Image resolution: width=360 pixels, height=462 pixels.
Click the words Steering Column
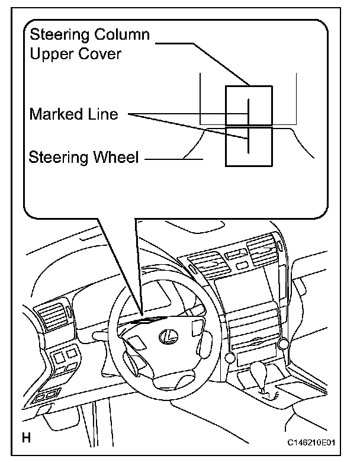pyautogui.click(x=89, y=35)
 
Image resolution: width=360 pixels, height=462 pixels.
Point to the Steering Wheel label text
pyautogui.click(x=83, y=158)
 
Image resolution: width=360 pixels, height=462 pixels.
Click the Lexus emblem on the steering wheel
pyautogui.click(x=168, y=335)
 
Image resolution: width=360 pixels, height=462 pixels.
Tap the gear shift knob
pyautogui.click(x=261, y=371)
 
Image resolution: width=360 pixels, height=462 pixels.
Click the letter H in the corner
pyautogui.click(x=26, y=439)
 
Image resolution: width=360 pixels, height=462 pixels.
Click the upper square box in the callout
pyautogui.click(x=249, y=105)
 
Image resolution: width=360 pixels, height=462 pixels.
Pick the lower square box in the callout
pyautogui.click(x=249, y=146)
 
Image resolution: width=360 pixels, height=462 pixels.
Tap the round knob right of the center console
pyautogui.click(x=284, y=343)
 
